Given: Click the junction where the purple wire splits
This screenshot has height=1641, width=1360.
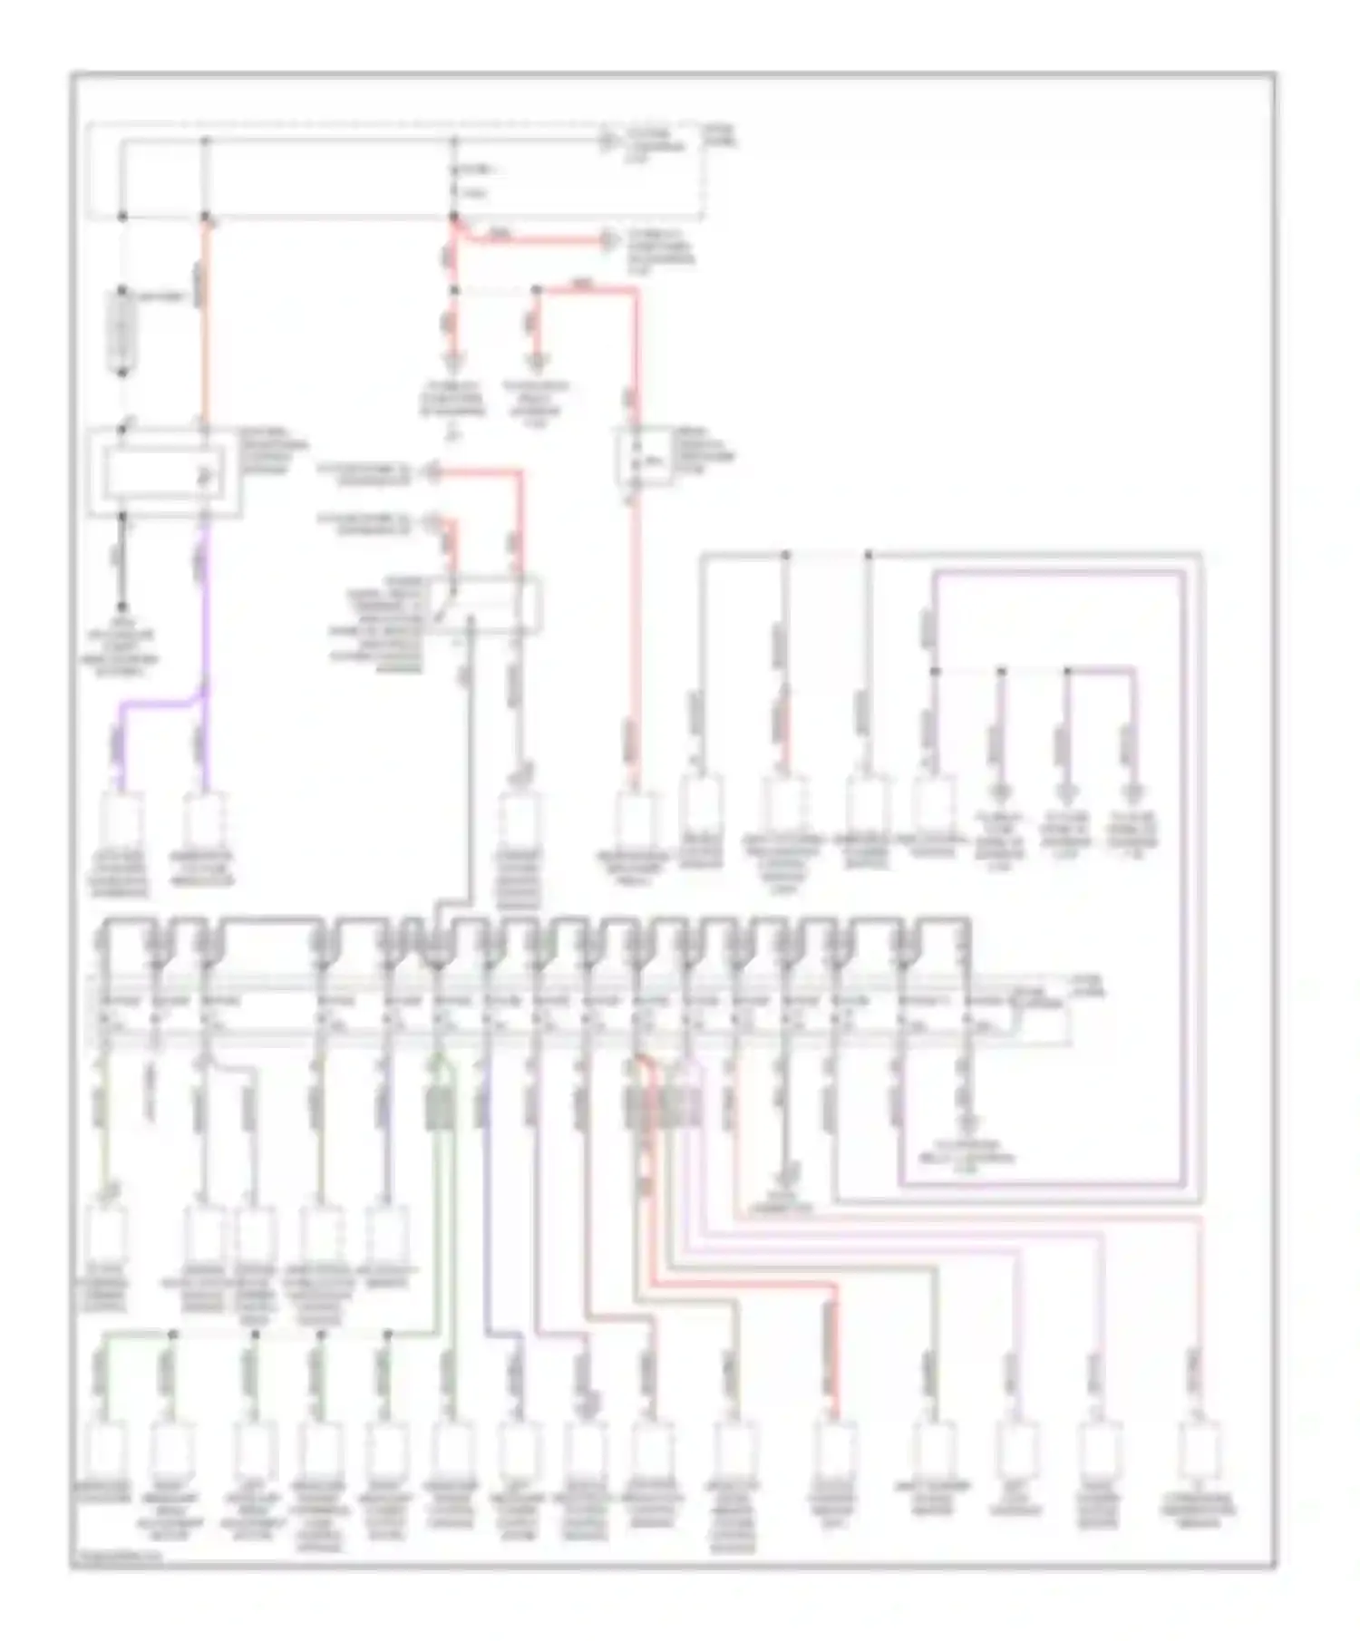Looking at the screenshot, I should pyautogui.click(x=205, y=698).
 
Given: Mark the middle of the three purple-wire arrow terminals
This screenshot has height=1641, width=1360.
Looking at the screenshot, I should pyautogui.click(x=1068, y=791).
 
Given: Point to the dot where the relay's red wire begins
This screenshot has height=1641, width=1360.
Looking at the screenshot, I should pyautogui.click(x=537, y=290).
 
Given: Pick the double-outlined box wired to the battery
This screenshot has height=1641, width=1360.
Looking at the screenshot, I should pyautogui.click(x=164, y=473).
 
